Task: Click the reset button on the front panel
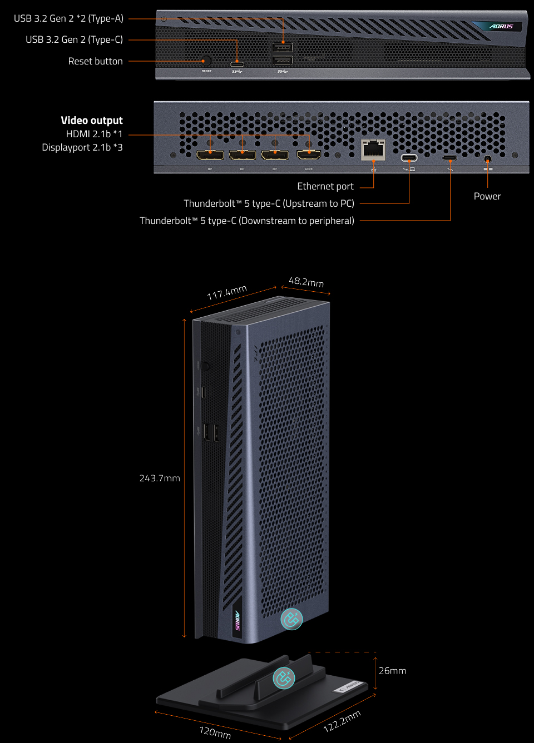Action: tap(206, 61)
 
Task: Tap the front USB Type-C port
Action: tap(237, 64)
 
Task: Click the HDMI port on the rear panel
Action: tap(309, 154)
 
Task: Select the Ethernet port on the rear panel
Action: tap(373, 149)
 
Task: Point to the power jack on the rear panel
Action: tap(488, 159)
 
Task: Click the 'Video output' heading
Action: tap(92, 121)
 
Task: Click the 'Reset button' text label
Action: tap(95, 61)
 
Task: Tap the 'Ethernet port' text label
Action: tap(325, 186)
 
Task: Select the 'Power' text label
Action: tap(487, 196)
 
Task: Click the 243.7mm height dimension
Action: tap(160, 478)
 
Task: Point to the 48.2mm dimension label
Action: tap(306, 282)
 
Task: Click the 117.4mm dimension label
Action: tap(227, 292)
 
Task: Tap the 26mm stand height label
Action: tap(392, 671)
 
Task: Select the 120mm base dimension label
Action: tap(215, 732)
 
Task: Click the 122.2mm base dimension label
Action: tap(342, 721)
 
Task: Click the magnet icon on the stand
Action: tap(284, 678)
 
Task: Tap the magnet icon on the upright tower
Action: tap(291, 619)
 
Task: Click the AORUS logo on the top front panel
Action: tap(501, 26)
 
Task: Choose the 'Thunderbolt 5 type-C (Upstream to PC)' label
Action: tap(269, 203)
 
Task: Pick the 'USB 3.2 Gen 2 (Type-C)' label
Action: tap(74, 39)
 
